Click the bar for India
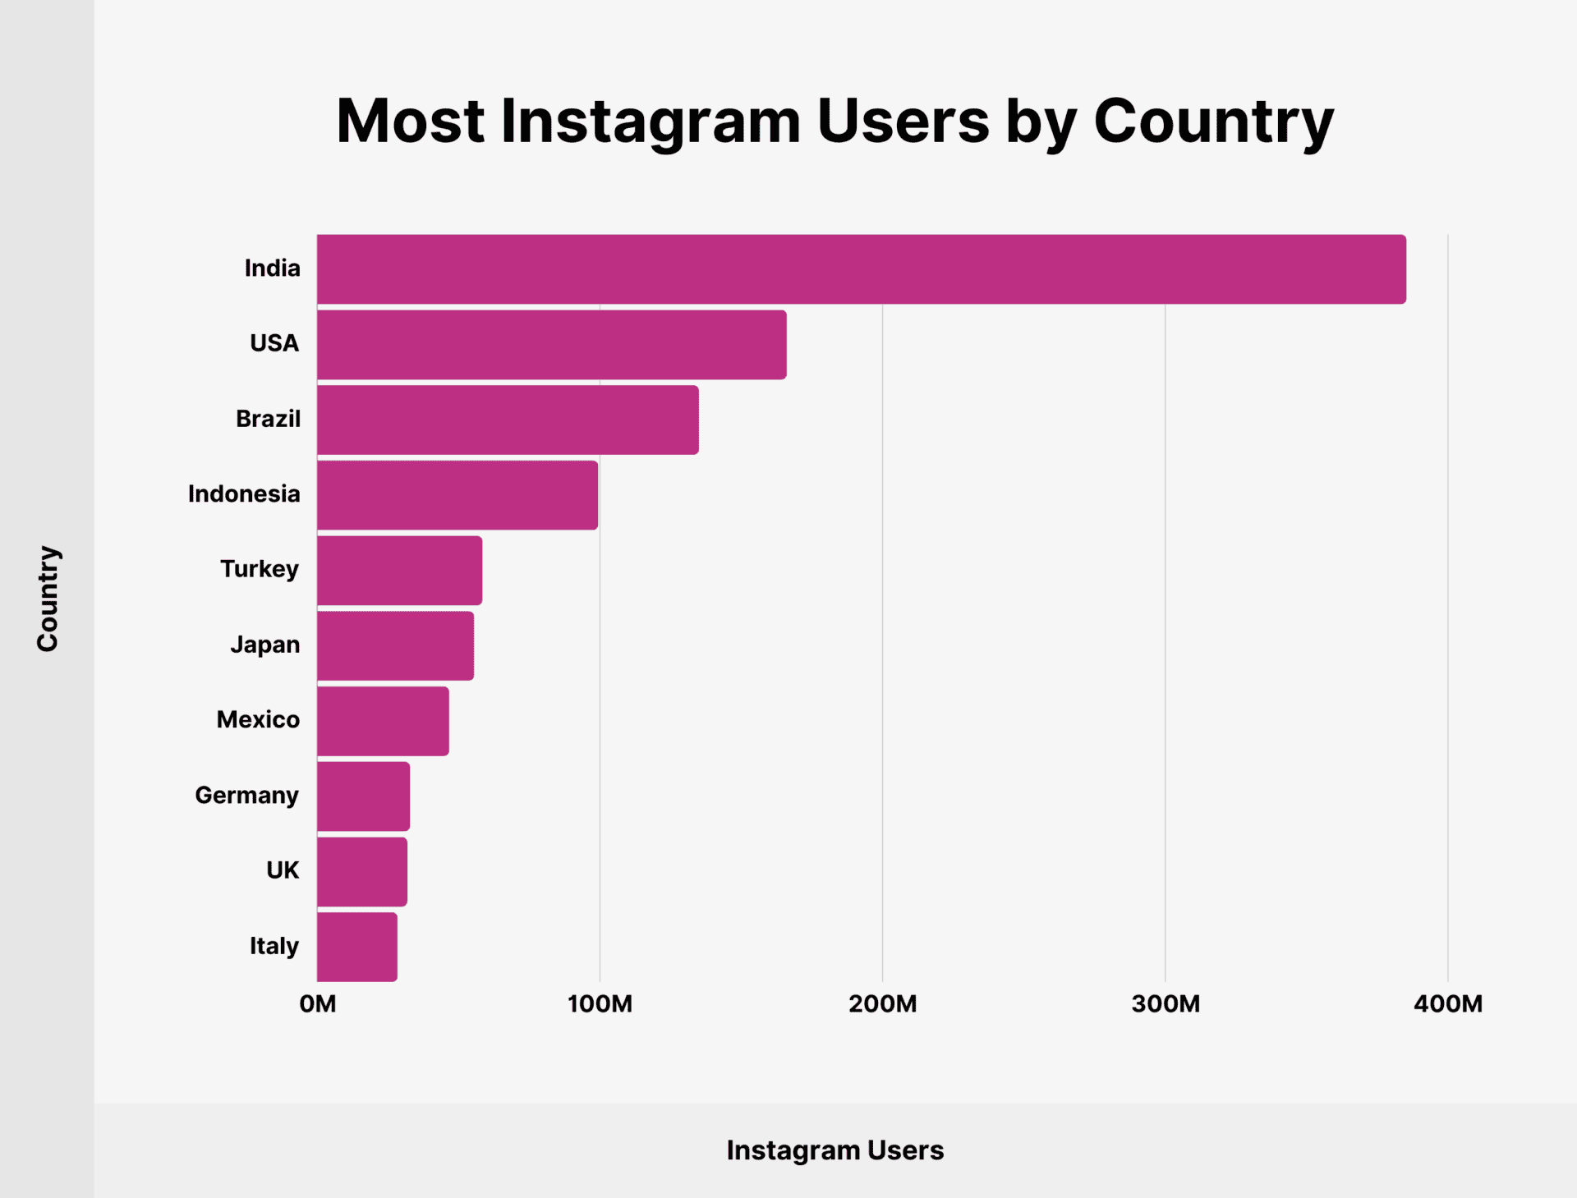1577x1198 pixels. pyautogui.click(x=861, y=269)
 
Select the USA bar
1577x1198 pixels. pyautogui.click(x=551, y=345)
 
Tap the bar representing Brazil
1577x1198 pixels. pyautogui.click(x=508, y=420)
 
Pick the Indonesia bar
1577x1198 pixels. pyautogui.click(x=457, y=495)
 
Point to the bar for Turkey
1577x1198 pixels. pyautogui.click(x=399, y=571)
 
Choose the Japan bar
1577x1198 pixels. pyautogui.click(x=395, y=645)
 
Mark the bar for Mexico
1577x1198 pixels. pyautogui.click(x=383, y=721)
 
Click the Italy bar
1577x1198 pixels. pyautogui.click(x=356, y=947)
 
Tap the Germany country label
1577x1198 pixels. pyautogui.click(x=246, y=796)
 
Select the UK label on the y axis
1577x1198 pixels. pyautogui.click(x=283, y=870)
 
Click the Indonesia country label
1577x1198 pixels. pyautogui.click(x=244, y=494)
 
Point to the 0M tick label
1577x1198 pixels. pyautogui.click(x=318, y=1004)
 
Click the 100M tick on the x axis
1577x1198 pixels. pyautogui.click(x=600, y=1004)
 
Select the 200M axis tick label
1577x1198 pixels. pyautogui.click(x=882, y=1004)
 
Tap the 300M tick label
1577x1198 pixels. pyautogui.click(x=1165, y=1004)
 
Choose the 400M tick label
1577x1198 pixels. pyautogui.click(x=1447, y=1004)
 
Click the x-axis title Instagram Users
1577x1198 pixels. pyautogui.click(x=834, y=1150)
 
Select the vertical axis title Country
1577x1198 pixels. pyautogui.click(x=48, y=599)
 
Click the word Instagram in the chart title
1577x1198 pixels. pyautogui.click(x=650, y=122)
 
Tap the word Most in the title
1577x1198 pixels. pyautogui.click(x=410, y=122)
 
